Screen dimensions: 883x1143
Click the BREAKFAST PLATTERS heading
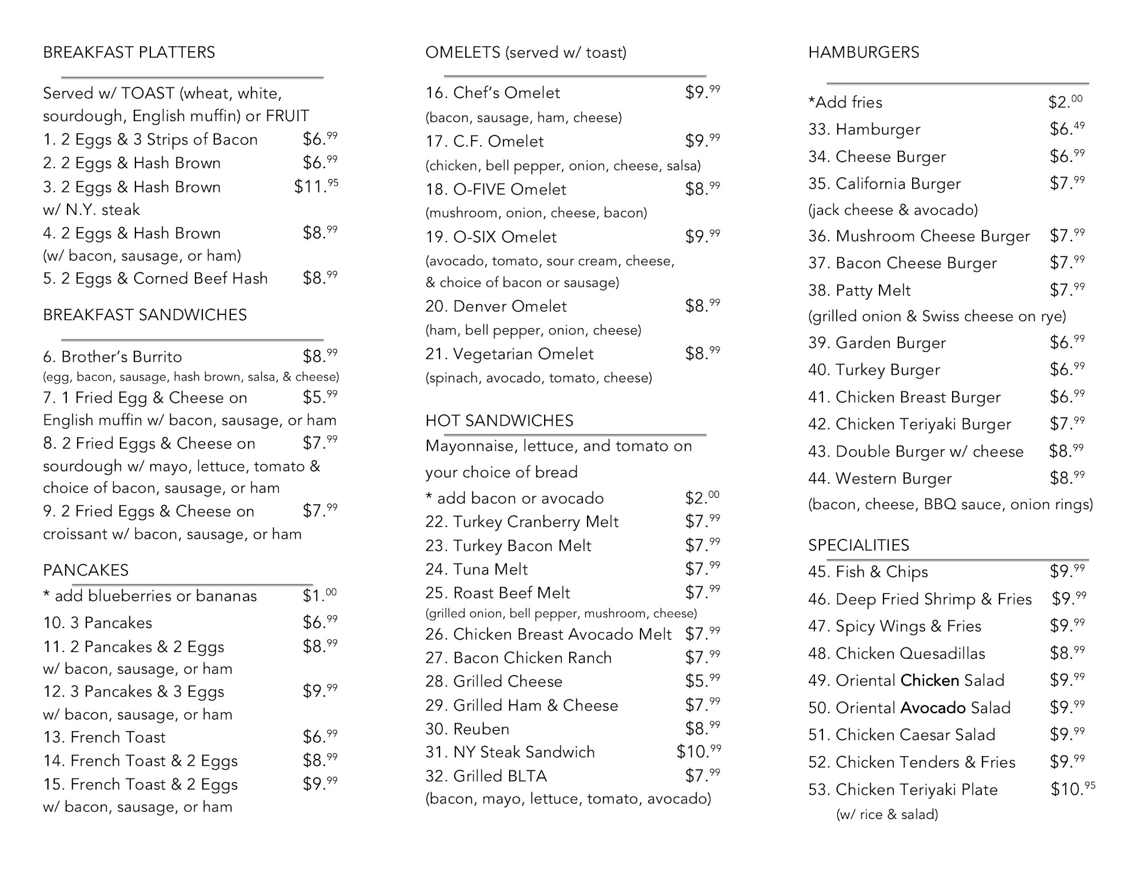click(129, 53)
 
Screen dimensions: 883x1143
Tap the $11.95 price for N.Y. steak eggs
click(315, 186)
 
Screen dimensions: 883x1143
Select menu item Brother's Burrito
click(113, 357)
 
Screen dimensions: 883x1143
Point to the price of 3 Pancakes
click(319, 622)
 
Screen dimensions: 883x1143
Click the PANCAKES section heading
click(86, 570)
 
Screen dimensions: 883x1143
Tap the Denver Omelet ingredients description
click(533, 330)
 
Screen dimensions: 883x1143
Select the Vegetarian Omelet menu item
click(509, 354)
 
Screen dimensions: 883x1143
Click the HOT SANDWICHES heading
click(499, 421)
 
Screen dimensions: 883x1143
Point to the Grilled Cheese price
click(702, 681)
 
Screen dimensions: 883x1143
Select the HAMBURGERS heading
click(863, 53)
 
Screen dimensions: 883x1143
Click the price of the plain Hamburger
click(1066, 129)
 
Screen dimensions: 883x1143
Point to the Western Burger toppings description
click(950, 504)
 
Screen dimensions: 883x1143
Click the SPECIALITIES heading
click(858, 545)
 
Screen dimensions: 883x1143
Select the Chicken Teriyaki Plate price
click(1073, 789)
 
